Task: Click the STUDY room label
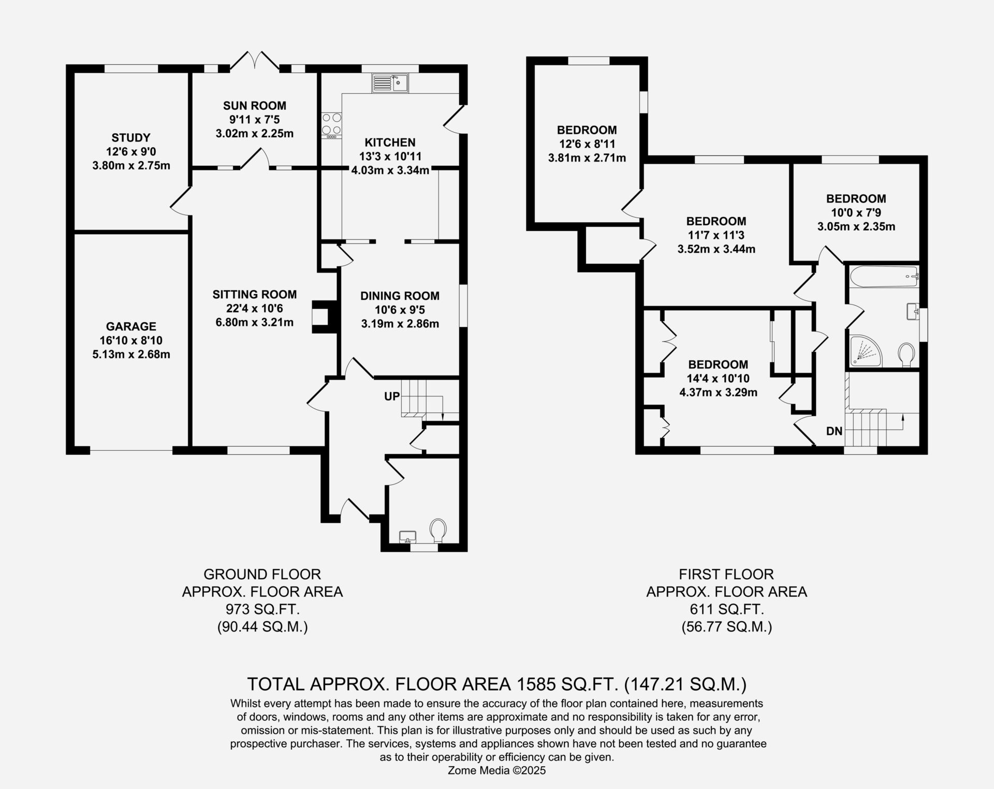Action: point(131,138)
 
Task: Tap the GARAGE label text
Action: point(131,326)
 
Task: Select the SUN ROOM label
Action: point(254,106)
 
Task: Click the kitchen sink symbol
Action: point(390,83)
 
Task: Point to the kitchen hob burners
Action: point(331,124)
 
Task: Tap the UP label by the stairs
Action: point(392,396)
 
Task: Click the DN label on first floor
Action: point(834,431)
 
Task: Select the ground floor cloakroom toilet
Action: point(438,530)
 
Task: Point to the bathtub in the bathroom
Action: point(884,277)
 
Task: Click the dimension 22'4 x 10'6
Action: point(254,309)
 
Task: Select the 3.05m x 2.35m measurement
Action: point(856,226)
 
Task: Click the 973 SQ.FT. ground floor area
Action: point(262,609)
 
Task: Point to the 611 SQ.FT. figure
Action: point(726,609)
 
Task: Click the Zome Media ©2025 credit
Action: point(497,770)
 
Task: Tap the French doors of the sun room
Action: point(254,61)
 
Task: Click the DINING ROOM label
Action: point(400,296)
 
